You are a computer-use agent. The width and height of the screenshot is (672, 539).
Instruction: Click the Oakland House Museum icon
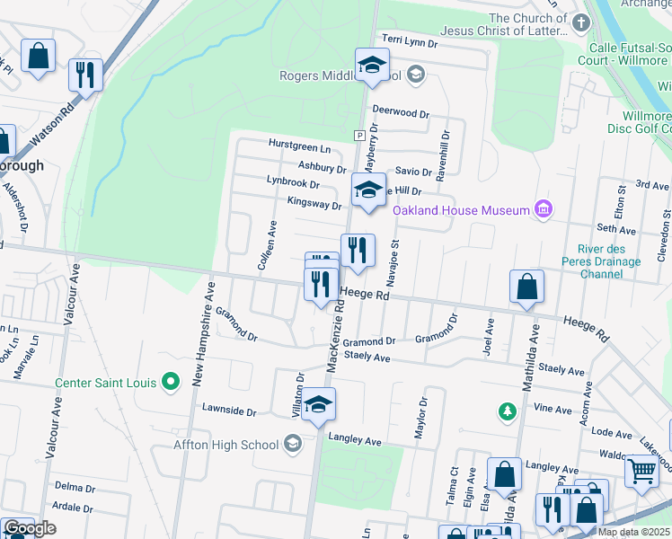coord(543,210)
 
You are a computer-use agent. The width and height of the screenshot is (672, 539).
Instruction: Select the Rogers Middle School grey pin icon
coord(415,75)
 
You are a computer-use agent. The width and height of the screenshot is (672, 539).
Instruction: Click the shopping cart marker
coord(641,469)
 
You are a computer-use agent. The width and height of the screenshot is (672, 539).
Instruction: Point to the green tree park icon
coord(508,411)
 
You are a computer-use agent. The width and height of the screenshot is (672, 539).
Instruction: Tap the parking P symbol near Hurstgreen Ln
coord(358,136)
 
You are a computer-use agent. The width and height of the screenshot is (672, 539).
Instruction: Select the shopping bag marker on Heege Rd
coord(526,287)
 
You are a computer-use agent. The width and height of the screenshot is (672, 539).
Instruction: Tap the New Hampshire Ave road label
coord(202,334)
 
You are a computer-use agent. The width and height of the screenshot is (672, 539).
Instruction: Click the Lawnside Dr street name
coord(229,412)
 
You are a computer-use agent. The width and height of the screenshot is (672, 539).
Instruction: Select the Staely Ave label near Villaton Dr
coord(367,358)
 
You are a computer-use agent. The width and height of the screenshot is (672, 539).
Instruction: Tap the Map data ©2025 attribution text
coord(633,532)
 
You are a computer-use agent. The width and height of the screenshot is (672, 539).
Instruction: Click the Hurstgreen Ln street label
coord(299,146)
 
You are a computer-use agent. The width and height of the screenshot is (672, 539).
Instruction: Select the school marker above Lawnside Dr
coord(318,405)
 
